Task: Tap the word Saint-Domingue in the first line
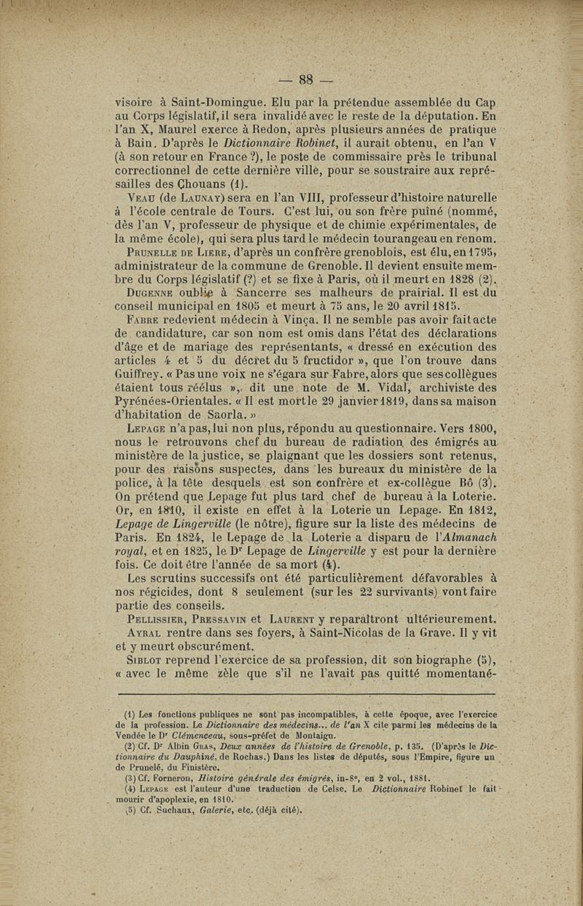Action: click(207, 103)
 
